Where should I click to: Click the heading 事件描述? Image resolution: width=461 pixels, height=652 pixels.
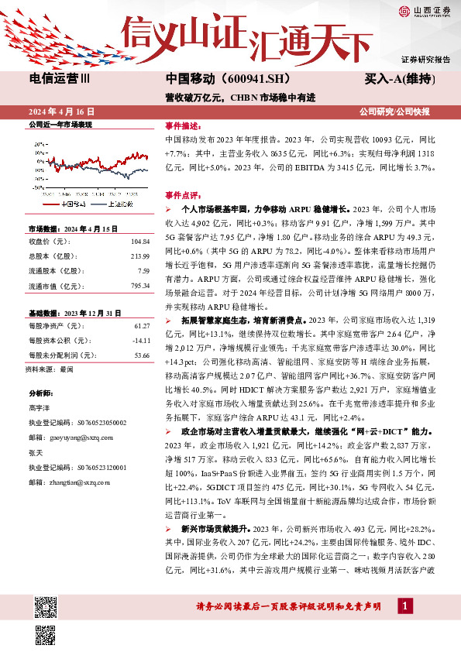tap(183, 124)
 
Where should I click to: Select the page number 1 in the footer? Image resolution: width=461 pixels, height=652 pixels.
tap(404, 606)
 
